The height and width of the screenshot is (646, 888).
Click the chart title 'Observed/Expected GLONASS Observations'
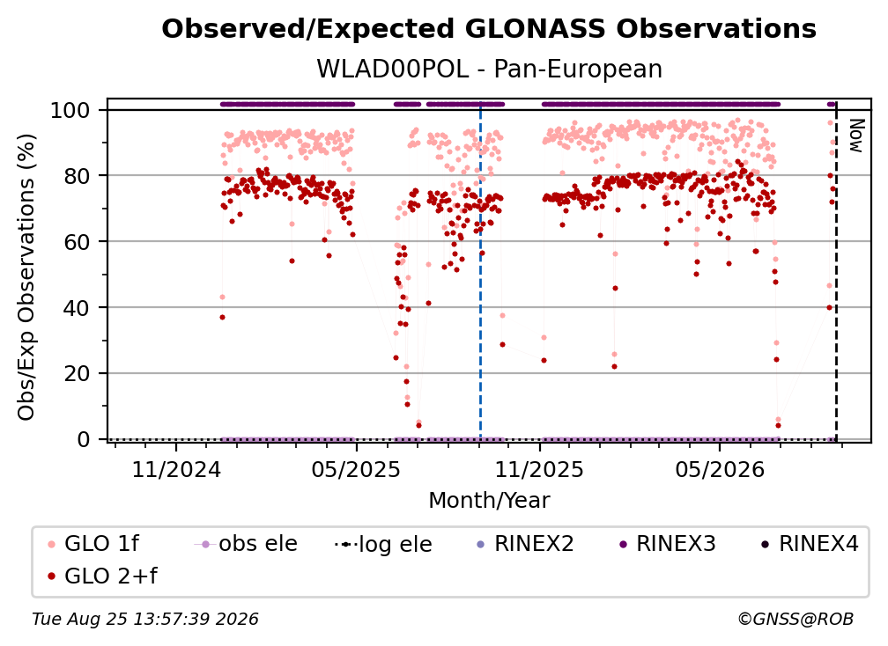click(489, 29)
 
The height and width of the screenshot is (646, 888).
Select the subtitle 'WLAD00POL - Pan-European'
click(489, 69)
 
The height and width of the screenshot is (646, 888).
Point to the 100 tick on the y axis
click(70, 110)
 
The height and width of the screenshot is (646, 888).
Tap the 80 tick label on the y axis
click(77, 176)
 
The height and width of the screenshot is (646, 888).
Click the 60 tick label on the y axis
click(77, 242)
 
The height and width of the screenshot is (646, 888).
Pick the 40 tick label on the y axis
click(77, 308)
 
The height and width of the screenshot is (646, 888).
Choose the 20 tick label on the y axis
click(77, 374)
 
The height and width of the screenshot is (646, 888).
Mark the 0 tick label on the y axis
click(84, 439)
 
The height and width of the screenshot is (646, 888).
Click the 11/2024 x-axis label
click(176, 469)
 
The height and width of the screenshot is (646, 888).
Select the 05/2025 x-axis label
click(356, 469)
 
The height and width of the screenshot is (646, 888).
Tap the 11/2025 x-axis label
click(539, 469)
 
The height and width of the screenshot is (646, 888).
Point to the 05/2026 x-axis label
click(719, 469)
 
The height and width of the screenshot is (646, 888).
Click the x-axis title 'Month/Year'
click(489, 500)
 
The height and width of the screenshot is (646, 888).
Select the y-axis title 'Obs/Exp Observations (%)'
click(26, 277)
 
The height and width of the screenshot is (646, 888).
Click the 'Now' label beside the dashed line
click(855, 136)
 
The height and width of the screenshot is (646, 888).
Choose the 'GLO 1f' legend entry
click(94, 544)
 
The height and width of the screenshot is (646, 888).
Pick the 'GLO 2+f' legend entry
click(102, 576)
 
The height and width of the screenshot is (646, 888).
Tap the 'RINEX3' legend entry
click(668, 544)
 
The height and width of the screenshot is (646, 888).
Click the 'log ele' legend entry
click(383, 544)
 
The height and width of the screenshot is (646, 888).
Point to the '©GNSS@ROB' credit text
click(795, 619)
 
